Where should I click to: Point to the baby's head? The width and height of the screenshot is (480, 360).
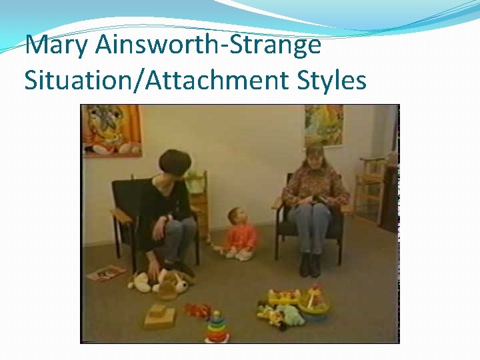click(x=235, y=217)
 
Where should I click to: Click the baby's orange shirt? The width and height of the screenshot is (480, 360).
click(x=241, y=237)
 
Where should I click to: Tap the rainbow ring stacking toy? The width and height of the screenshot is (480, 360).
click(x=217, y=327)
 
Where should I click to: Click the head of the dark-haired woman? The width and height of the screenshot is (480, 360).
click(x=175, y=163)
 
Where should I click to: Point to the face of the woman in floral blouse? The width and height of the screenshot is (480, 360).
click(x=313, y=159)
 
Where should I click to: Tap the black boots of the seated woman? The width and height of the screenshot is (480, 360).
click(x=309, y=265)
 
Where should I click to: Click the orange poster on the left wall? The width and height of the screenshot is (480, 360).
click(x=112, y=129)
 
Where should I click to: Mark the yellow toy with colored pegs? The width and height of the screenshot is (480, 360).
click(x=284, y=296)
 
